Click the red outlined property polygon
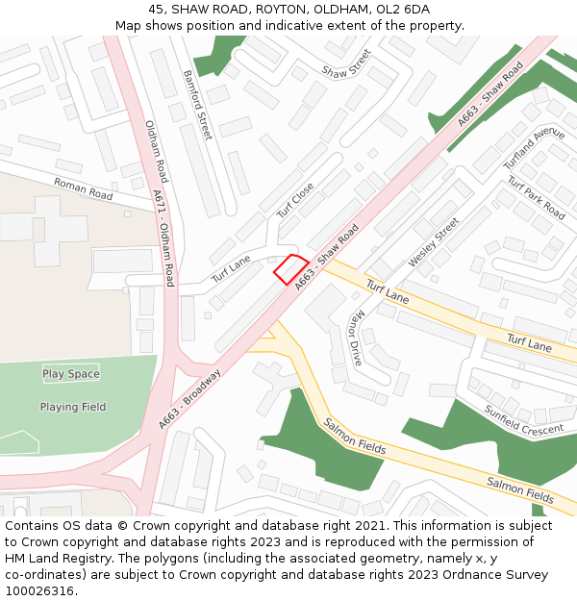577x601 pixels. [x=291, y=269]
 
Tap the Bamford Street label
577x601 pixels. [x=197, y=105]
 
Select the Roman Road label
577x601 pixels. [x=83, y=188]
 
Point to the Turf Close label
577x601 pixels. [x=295, y=201]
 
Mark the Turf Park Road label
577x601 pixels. [x=536, y=197]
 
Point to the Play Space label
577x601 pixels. [x=70, y=374]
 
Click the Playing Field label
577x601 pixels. [x=73, y=407]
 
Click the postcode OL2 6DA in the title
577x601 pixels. [x=402, y=10]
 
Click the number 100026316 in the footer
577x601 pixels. [x=39, y=591]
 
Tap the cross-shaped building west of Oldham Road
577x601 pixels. [x=45, y=224]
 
